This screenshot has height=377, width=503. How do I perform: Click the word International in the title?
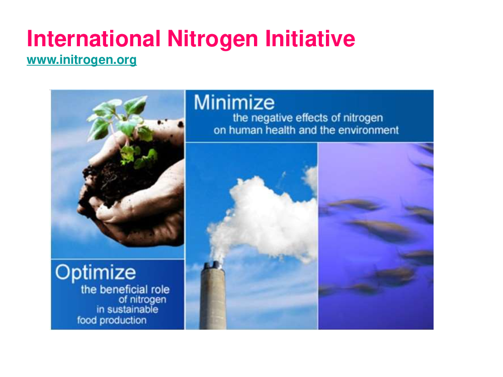pyautogui.click(x=94, y=39)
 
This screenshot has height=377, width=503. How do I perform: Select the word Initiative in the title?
pyautogui.click(x=310, y=39)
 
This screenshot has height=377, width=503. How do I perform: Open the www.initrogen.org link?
pyautogui.click(x=82, y=60)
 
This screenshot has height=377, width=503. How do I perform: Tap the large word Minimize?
pyautogui.click(x=234, y=103)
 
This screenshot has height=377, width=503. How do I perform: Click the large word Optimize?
pyautogui.click(x=96, y=273)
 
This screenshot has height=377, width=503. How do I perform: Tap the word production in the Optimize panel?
pyautogui.click(x=123, y=320)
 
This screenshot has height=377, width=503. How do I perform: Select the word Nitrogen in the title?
pyautogui.click(x=213, y=39)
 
